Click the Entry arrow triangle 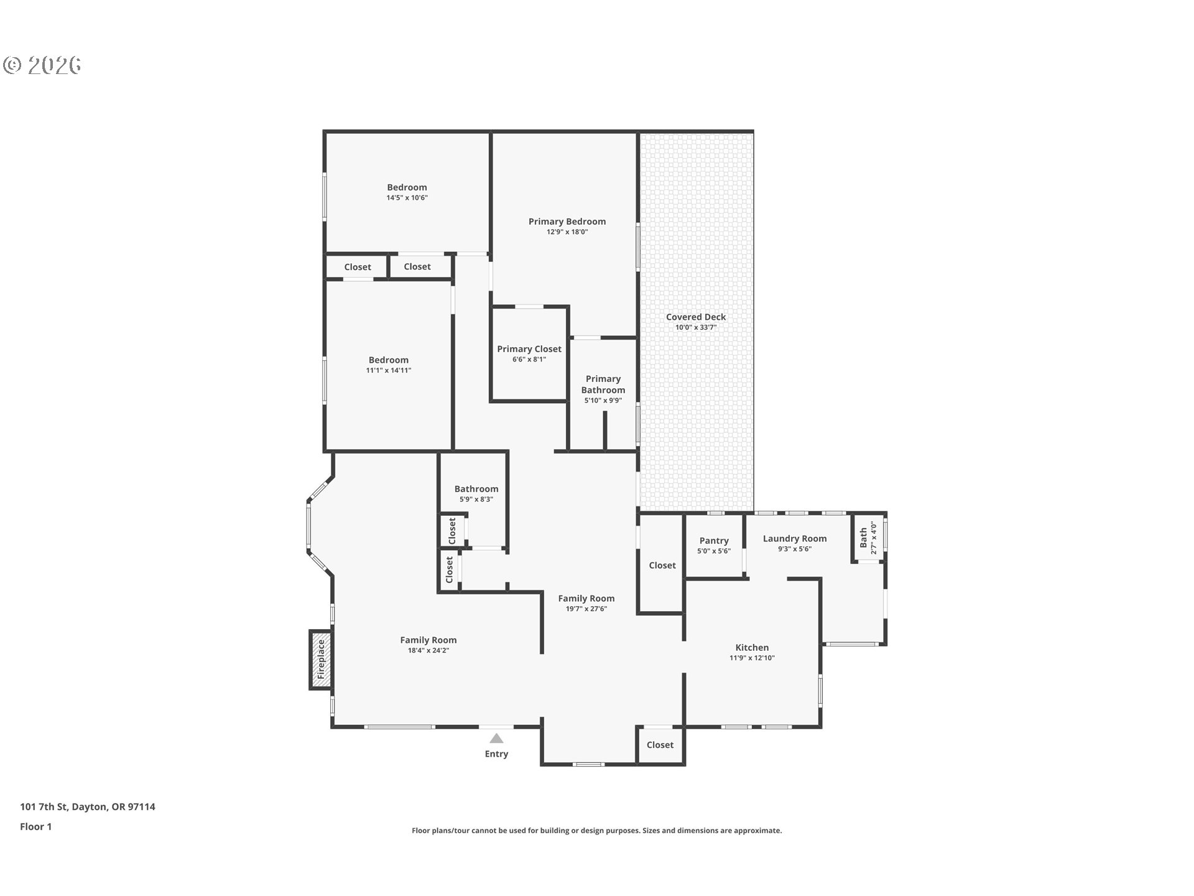pos(496,739)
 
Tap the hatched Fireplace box pos(321,660)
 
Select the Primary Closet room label pos(529,349)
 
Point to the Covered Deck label pos(696,317)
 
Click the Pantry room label pos(714,541)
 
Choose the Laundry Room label pos(795,539)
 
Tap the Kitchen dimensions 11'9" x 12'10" pos(752,658)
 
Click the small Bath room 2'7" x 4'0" pos(868,538)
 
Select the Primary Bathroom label pos(603,385)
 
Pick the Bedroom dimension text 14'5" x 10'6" pos(407,198)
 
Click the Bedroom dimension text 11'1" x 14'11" pos(389,370)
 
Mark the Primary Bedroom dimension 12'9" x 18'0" pos(567,232)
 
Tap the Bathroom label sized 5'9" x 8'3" pos(476,489)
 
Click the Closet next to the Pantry pos(662,566)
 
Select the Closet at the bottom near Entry pos(660,745)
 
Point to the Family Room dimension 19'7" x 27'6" pos(586,609)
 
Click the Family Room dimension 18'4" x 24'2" pos(428,651)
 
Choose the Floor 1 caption pos(35,827)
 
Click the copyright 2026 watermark pos(42,65)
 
